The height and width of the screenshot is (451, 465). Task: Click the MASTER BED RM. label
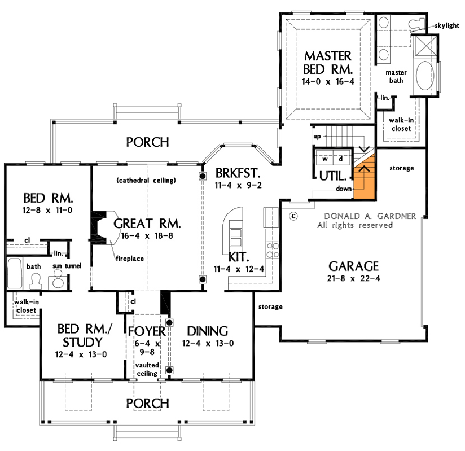click(328, 63)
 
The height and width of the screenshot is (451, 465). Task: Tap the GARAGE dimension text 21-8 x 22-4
click(351, 278)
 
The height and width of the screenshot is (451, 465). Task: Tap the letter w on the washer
click(326, 159)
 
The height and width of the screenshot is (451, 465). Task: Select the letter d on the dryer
click(340, 159)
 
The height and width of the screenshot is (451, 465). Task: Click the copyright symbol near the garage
click(293, 216)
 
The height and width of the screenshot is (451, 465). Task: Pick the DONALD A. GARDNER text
click(370, 216)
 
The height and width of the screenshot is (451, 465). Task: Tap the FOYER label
click(147, 331)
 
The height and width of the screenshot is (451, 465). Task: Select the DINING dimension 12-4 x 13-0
click(208, 343)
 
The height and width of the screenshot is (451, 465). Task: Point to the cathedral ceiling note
click(147, 181)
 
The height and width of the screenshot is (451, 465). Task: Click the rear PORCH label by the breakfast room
click(147, 142)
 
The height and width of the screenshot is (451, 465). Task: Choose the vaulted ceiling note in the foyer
click(147, 370)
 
